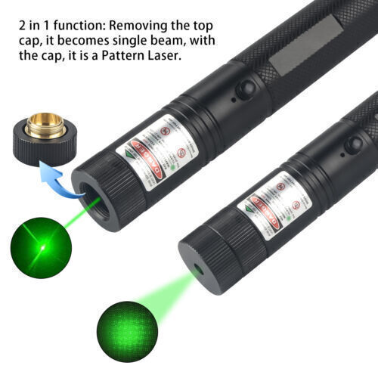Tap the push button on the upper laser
pos(244,90)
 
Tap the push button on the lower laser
pos(352,144)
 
